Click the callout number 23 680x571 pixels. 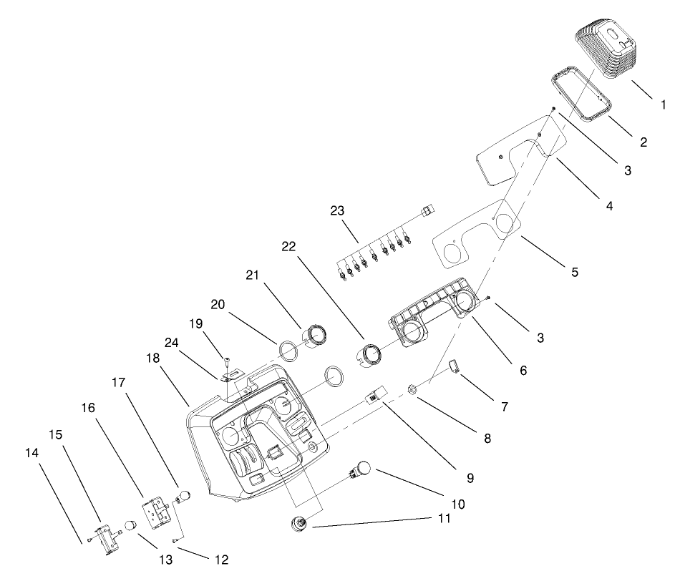tap(338, 211)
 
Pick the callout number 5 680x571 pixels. tap(575, 272)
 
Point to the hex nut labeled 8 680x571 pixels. tap(413, 390)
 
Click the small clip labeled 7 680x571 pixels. tap(453, 368)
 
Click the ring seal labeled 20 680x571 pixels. tap(288, 353)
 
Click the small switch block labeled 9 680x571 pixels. tap(377, 395)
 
